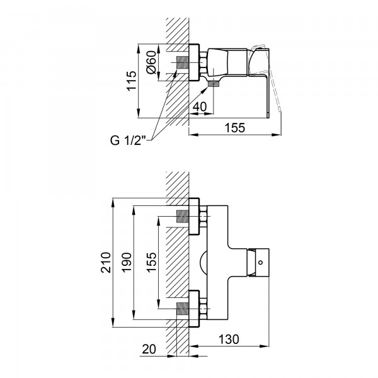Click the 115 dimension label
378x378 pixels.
[x=132, y=81]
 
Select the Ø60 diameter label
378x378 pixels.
[x=151, y=62]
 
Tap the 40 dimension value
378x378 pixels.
[x=200, y=106]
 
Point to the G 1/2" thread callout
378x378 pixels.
[x=129, y=140]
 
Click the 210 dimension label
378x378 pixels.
[x=106, y=263]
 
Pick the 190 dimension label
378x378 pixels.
[x=127, y=263]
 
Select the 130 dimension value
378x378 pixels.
[x=229, y=339]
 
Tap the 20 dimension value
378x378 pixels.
[x=149, y=349]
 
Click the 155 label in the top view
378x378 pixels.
[x=234, y=128]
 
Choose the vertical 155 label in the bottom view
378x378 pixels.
[x=151, y=263]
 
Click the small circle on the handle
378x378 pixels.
[x=260, y=262]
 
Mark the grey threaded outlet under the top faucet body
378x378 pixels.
[x=213, y=84]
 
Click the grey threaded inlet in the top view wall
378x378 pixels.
[x=183, y=62]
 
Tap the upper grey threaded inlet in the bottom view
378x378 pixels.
[x=183, y=216]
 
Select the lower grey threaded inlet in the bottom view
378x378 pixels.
[x=183, y=309]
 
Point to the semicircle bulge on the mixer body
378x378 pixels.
[x=203, y=263]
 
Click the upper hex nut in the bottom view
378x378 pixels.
[x=203, y=217]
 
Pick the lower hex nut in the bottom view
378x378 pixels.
[x=203, y=309]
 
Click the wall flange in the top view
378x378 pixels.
[x=194, y=62]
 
